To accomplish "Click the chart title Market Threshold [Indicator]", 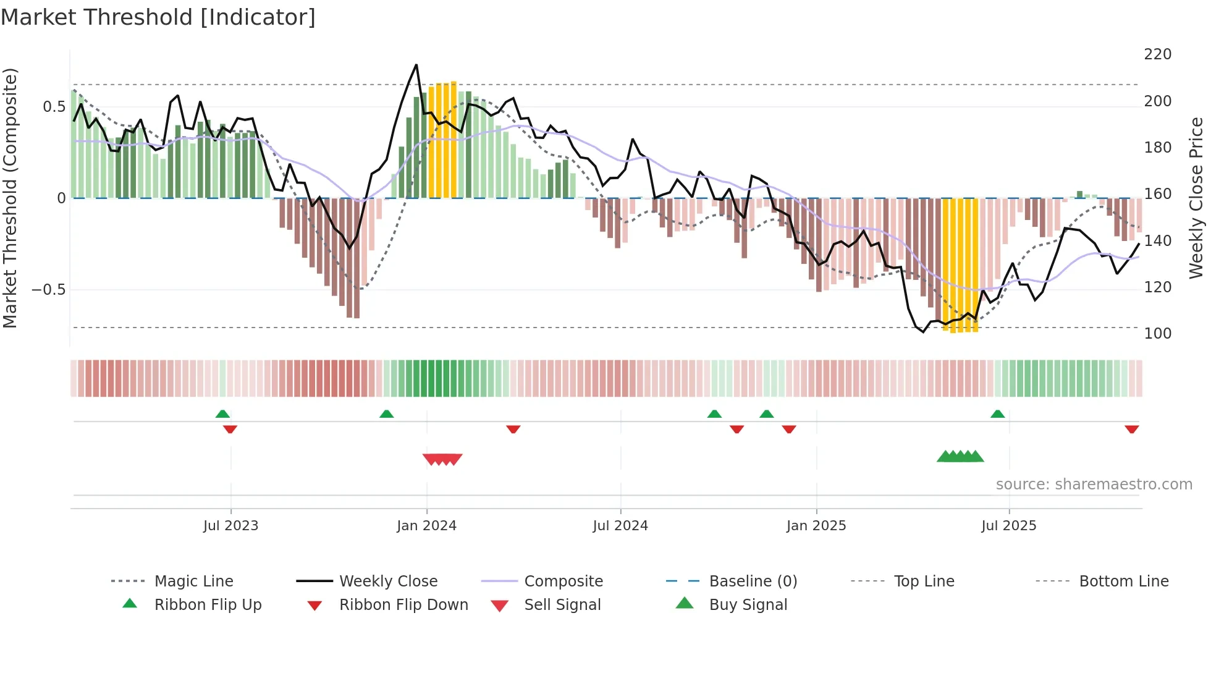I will point(158,17).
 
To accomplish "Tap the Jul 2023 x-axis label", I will point(230,526).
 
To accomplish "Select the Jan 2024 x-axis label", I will point(426,526).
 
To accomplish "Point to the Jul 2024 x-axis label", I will point(620,526).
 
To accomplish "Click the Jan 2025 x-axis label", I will point(816,526).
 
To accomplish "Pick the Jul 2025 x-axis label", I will point(1008,526).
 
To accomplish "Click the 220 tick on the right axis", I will point(1157,54).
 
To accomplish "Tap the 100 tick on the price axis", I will point(1157,334).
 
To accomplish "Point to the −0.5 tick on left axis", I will point(48,290).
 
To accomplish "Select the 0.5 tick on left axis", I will point(54,107).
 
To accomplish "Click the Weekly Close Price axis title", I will point(1196,198).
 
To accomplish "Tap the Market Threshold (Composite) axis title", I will point(10,198).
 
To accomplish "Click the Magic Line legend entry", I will point(193,582).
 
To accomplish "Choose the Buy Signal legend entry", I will point(748,605).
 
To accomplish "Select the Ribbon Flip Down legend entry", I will point(403,605).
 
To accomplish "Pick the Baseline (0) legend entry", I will point(753,582).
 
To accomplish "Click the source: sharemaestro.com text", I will point(1094,484).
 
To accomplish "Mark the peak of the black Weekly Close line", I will point(416,65).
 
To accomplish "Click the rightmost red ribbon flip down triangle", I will point(1131,429).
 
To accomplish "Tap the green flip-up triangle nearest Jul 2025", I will point(997,414).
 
